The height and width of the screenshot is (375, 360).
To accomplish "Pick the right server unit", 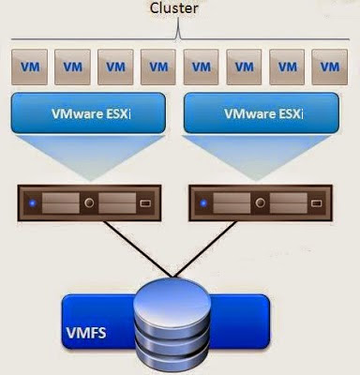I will point(266,202).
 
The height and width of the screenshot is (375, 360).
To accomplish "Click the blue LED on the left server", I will point(34,202).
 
